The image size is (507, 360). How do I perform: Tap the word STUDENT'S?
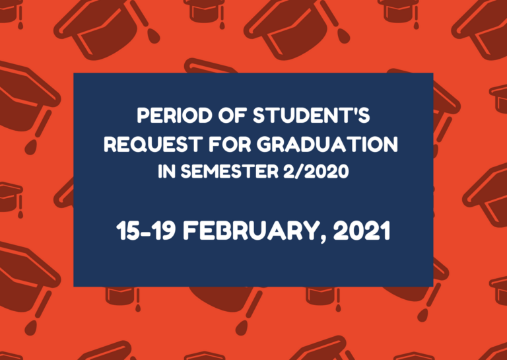[311, 116]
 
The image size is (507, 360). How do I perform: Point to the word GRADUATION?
[327, 144]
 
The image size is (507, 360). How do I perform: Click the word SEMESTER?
[229, 172]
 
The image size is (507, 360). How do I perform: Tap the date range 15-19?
[146, 231]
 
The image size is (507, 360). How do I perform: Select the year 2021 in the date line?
[362, 231]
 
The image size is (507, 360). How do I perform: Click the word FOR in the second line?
[228, 144]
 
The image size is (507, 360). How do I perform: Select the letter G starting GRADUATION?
[264, 144]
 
